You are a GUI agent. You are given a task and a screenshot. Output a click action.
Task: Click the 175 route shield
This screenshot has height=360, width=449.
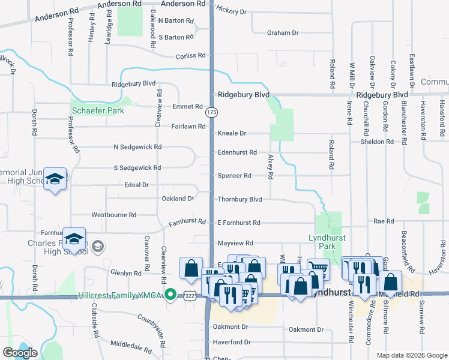pyautogui.click(x=211, y=112)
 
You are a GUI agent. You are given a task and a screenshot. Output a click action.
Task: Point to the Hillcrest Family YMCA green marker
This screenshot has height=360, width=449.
pyautogui.click(x=170, y=295)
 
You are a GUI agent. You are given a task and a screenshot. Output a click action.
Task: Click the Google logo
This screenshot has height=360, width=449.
pyautogui.click(x=20, y=353)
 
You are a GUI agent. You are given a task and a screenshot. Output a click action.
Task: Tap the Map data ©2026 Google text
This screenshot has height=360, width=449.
pyautogui.click(x=412, y=355)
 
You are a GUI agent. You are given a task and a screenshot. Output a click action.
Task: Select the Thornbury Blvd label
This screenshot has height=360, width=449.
pyautogui.click(x=240, y=199)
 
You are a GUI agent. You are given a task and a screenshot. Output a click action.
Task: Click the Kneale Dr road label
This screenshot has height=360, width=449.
pyautogui.click(x=232, y=133)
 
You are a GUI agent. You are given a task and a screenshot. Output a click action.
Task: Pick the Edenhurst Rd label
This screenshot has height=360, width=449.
pyautogui.click(x=237, y=152)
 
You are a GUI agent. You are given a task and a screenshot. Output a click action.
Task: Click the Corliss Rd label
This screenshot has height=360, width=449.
pyautogui.click(x=191, y=56)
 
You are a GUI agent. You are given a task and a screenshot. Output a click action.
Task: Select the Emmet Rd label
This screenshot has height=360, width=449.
pyautogui.click(x=187, y=107)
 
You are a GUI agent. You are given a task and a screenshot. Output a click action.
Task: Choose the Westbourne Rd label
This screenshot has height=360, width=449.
pyautogui.click(x=113, y=214)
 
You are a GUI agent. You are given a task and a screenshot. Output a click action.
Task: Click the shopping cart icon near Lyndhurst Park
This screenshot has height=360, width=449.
pyautogui.click(x=318, y=268)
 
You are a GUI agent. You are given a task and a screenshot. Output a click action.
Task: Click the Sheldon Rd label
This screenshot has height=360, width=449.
pyautogui.click(x=376, y=142)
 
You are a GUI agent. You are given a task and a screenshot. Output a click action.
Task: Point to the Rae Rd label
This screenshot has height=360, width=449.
pyautogui.click(x=383, y=221)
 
